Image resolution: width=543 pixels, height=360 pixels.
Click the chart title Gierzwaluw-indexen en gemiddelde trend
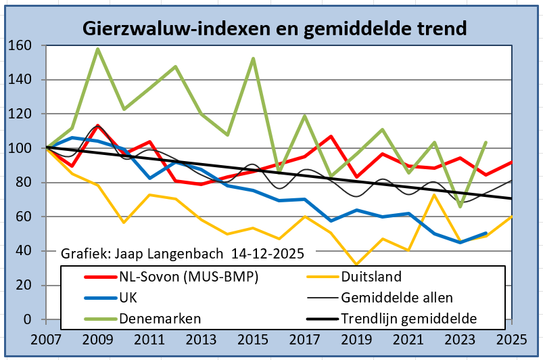[274, 28]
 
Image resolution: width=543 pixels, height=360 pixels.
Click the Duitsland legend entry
[371, 276]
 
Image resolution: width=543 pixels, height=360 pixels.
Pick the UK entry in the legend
[128, 296]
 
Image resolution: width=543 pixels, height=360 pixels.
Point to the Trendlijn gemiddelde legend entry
[409, 317]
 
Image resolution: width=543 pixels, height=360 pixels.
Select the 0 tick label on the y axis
[28, 319]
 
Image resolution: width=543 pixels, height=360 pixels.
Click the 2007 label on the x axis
[45, 338]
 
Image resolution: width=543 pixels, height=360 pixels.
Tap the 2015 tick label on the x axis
[253, 338]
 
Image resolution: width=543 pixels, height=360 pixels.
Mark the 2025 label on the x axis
[512, 338]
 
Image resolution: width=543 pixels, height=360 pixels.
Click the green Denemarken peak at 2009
[98, 49]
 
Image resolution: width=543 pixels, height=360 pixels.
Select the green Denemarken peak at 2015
[253, 58]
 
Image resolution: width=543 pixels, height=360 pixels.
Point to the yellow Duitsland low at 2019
[356, 264]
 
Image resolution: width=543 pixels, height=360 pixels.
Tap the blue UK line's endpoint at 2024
[486, 233]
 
